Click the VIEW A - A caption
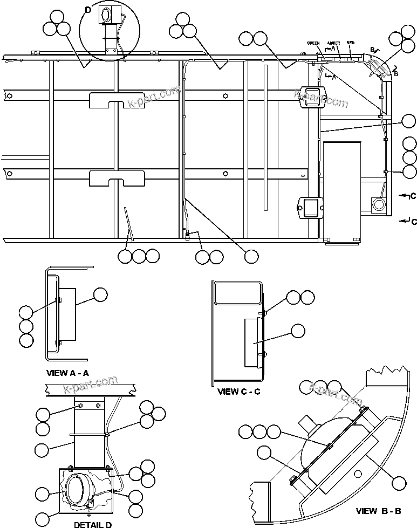67,372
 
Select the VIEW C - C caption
238,392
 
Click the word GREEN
313,43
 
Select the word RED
350,42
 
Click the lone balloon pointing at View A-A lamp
100,294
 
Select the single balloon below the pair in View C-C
297,330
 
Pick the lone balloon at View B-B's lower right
399,482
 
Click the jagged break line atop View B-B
386,372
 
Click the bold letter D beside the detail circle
88,9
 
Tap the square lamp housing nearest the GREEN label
311,97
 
